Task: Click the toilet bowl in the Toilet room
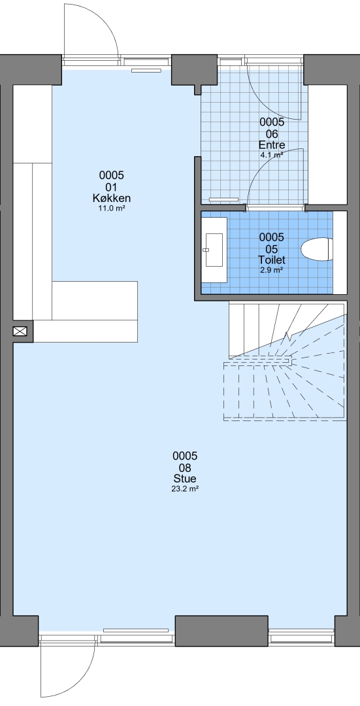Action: tap(317, 249)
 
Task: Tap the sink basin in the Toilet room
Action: tap(214, 250)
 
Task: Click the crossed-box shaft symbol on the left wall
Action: tap(20, 332)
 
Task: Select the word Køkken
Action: tap(112, 199)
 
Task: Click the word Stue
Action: tap(185, 479)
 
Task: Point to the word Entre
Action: tap(272, 145)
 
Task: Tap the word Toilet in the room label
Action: tap(272, 260)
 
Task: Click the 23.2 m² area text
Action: tap(185, 488)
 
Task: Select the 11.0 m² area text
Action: tap(112, 209)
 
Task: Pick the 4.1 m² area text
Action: tap(272, 156)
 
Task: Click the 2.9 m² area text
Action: tap(272, 270)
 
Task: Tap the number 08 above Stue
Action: tap(185, 468)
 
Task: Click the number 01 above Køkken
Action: tap(112, 187)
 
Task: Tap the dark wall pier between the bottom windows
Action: tap(221, 631)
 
